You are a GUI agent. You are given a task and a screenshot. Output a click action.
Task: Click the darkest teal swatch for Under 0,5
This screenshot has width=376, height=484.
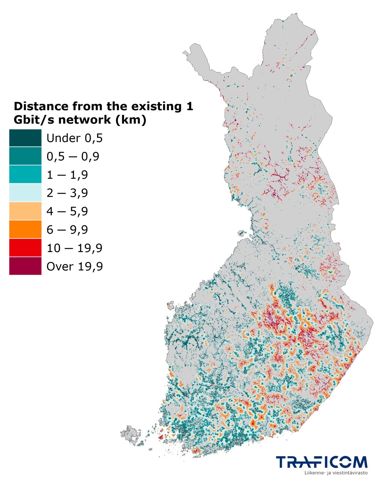coord(25,138)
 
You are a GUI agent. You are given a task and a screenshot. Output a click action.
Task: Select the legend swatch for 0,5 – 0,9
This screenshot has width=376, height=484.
coord(25,156)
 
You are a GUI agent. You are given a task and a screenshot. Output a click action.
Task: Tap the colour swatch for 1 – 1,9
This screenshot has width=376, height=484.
coord(25,174)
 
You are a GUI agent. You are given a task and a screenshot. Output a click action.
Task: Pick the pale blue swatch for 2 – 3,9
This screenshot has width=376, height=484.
coord(25,193)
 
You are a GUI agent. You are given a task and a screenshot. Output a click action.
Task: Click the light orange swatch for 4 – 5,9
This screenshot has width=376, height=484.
coord(25,211)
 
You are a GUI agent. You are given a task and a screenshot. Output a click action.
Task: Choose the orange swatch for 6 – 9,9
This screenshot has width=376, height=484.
coord(25,229)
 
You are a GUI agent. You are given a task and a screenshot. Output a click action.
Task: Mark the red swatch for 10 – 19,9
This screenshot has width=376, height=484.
coord(25,248)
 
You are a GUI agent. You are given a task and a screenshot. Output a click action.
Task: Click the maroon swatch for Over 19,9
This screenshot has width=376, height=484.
coord(25,266)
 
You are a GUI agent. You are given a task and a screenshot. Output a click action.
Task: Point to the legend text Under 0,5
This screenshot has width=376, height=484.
coord(75,138)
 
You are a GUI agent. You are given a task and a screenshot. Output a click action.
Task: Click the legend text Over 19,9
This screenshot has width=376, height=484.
coord(75,266)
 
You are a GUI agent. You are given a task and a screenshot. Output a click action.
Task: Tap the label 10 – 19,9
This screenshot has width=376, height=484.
coord(74,248)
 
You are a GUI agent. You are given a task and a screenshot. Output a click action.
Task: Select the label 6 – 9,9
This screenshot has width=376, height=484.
coord(67,230)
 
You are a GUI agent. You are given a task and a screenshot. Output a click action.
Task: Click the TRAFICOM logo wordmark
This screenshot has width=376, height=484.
coord(322,462)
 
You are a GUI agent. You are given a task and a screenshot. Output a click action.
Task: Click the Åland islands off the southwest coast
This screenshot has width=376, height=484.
coord(131,434)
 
